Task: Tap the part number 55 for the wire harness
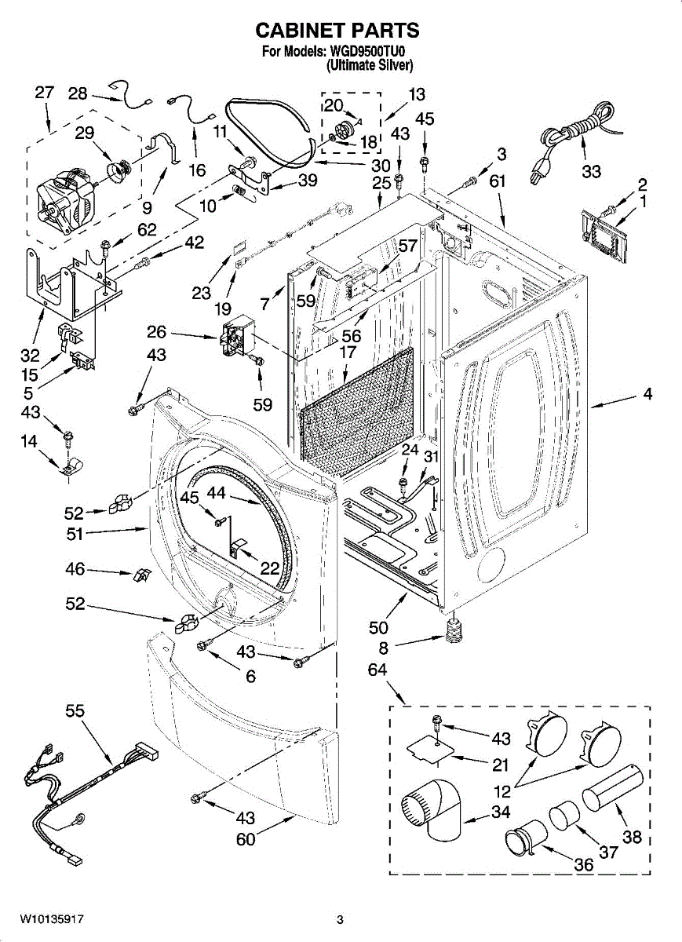pyautogui.click(x=75, y=711)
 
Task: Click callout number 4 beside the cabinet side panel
pyautogui.click(x=647, y=394)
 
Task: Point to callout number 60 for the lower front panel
pyautogui.click(x=246, y=839)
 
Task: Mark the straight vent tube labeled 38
pyautogui.click(x=612, y=789)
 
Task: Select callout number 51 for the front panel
pyautogui.click(x=75, y=535)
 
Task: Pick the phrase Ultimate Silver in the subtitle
pyautogui.click(x=370, y=66)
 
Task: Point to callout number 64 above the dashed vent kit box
pyautogui.click(x=377, y=669)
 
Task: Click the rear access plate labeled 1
pyautogui.click(x=604, y=237)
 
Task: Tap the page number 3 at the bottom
pyautogui.click(x=340, y=920)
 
